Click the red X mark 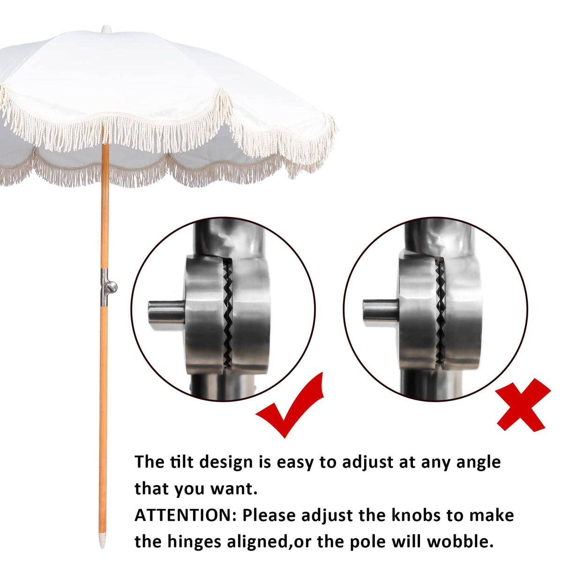tap(523, 406)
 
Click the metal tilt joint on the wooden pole tap(107, 287)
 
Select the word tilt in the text tap(181, 462)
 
